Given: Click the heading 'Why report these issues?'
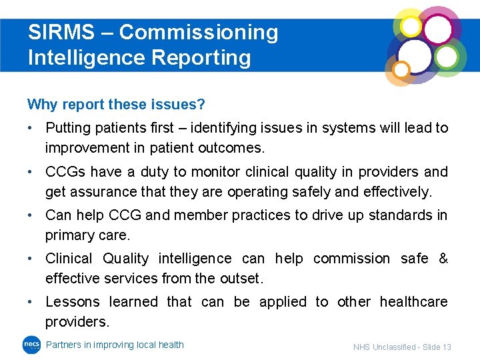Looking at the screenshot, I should [116, 105].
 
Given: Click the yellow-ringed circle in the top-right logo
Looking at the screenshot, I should [411, 26].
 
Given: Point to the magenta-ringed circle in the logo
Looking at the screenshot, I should [438, 29].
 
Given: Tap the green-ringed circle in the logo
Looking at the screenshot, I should [447, 57].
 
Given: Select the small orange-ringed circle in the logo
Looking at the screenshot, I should [401, 69].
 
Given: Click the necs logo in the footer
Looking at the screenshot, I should [31, 345].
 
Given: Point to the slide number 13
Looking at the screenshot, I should [446, 347].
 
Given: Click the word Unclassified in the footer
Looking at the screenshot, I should [393, 347].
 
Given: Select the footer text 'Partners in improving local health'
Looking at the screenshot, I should [115, 345].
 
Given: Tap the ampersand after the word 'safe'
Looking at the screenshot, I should [443, 258].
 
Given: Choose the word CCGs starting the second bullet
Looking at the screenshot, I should [65, 171].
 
